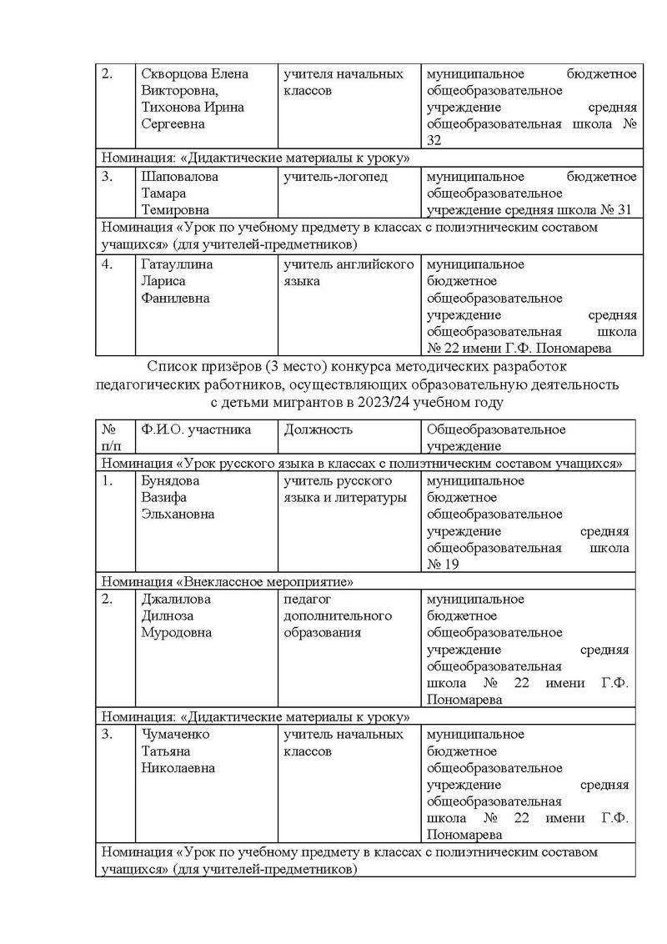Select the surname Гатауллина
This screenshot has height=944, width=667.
tap(178, 265)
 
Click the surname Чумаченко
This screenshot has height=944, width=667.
tap(176, 735)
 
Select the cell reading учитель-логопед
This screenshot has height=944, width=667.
tap(336, 177)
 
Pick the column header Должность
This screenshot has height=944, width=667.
tap(318, 429)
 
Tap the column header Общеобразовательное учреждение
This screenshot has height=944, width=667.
tap(496, 438)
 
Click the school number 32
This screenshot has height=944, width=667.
tap(434, 141)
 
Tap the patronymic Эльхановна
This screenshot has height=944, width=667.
tap(178, 515)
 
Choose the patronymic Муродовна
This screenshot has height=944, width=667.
tap(177, 632)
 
